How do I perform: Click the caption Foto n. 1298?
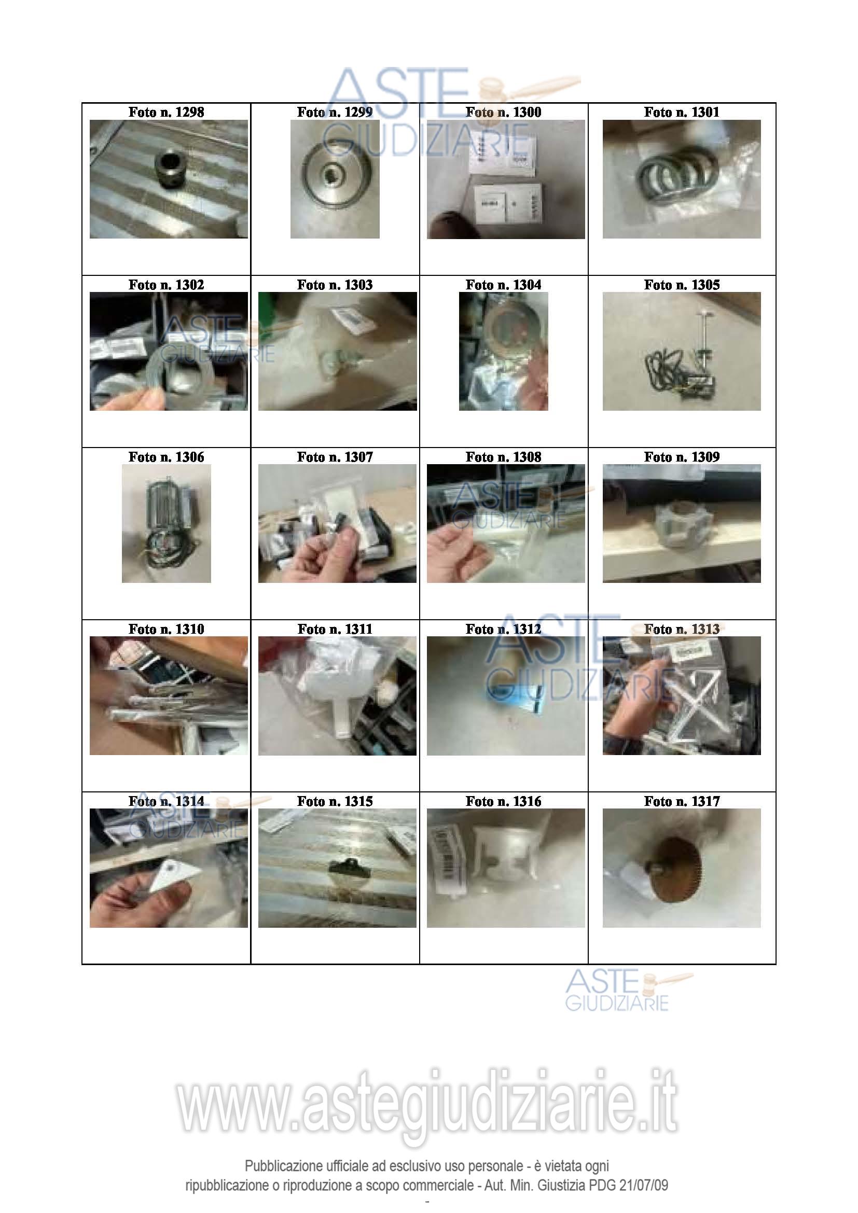click(166, 112)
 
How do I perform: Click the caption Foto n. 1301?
click(682, 112)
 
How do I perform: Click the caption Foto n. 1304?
click(503, 285)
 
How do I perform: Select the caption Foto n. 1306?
click(166, 457)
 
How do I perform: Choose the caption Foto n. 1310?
click(166, 629)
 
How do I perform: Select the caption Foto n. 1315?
click(335, 801)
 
